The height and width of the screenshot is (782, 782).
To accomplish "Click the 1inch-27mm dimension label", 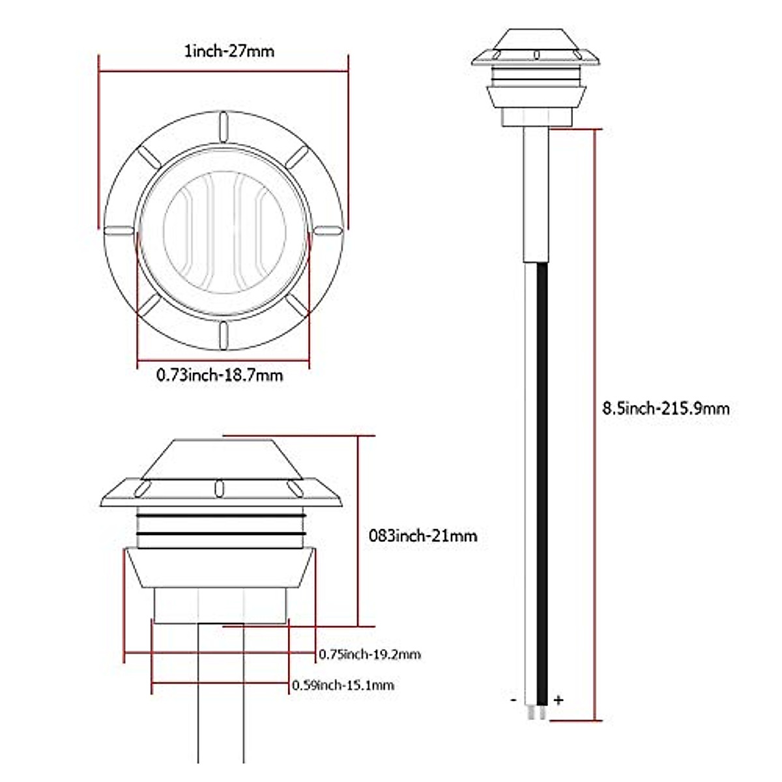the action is (229, 51).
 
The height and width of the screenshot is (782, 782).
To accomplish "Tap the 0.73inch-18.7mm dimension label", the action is (220, 375).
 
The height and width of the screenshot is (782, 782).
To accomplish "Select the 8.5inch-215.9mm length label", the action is (665, 408).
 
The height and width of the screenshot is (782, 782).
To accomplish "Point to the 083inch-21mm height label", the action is (423, 536).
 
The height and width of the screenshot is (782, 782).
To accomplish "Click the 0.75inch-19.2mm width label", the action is (369, 654).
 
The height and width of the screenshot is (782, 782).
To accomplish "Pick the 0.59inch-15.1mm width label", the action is (343, 685).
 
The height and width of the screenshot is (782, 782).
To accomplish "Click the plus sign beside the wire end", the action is (558, 711).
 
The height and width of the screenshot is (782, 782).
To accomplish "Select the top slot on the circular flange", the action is (224, 127).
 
